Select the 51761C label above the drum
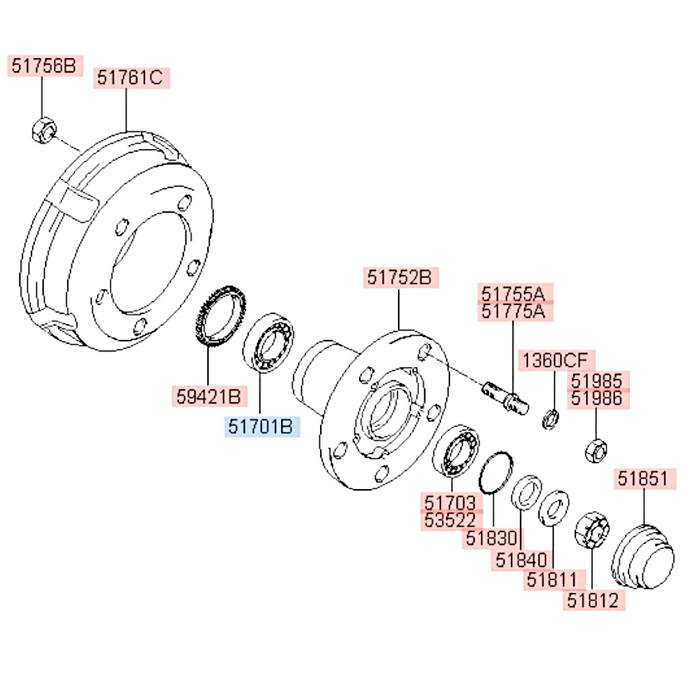point(131,78)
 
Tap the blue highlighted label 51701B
point(261,428)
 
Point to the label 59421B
point(209,395)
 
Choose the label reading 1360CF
point(555,360)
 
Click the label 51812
point(592,600)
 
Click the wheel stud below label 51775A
point(506,398)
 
